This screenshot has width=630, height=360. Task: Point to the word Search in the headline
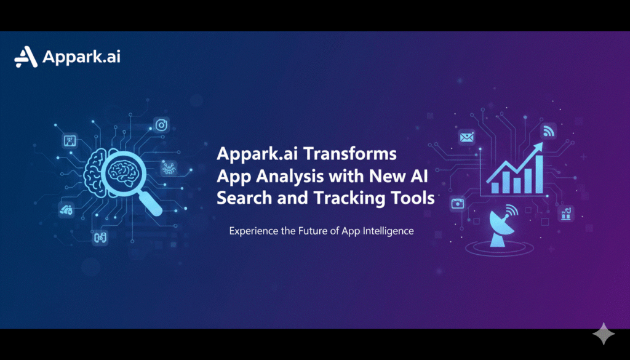[242, 199]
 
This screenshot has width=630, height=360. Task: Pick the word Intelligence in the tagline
[386, 231]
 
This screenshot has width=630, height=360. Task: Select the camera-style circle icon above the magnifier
[162, 125]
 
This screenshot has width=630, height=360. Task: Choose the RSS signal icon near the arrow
[548, 130]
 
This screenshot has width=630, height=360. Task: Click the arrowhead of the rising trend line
[537, 146]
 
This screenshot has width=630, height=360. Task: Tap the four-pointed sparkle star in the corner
[604, 334]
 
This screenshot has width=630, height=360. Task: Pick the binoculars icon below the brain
[100, 238]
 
